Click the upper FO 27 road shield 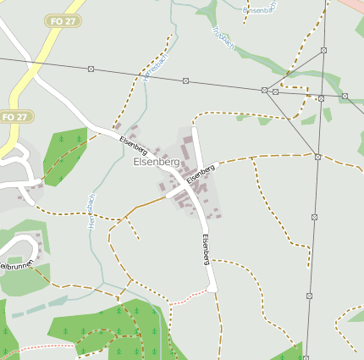coord(63,20)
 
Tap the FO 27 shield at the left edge coord(14,116)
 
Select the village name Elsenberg coord(157,162)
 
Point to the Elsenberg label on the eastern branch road coord(201,174)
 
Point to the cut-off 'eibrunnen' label coord(14,266)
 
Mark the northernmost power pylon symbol coord(323,51)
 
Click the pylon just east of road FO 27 coord(91,70)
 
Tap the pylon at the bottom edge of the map coord(306,357)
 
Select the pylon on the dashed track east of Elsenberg coord(317,157)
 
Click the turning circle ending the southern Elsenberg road coord(212,288)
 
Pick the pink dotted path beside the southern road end coord(187,297)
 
